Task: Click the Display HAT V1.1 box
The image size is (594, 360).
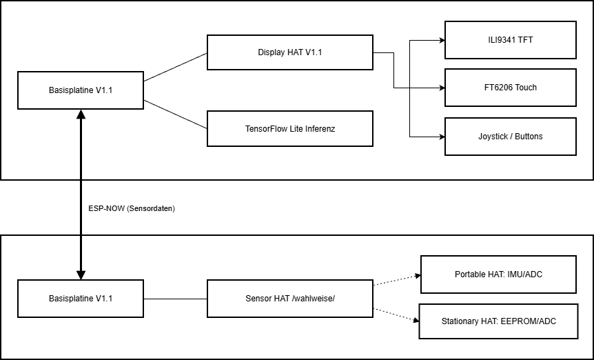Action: click(x=289, y=52)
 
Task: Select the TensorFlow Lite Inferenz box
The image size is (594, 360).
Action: click(x=289, y=128)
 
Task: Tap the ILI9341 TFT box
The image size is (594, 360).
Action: click(x=510, y=39)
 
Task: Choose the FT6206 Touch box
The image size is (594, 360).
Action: click(x=510, y=87)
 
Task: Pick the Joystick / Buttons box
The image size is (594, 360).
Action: click(x=510, y=136)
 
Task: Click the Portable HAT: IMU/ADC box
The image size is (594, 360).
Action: click(x=498, y=274)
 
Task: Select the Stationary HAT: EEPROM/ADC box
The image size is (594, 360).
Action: click(x=498, y=321)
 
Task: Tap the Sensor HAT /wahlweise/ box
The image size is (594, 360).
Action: click(x=289, y=299)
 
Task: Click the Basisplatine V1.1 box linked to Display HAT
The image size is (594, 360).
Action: click(x=81, y=90)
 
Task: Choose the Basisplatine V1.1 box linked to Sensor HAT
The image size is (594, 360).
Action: click(x=81, y=298)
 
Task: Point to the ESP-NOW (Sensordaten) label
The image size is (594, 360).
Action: click(x=132, y=208)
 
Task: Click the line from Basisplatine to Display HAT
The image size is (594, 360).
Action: click(x=175, y=67)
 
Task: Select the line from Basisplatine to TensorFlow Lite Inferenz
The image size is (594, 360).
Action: click(x=175, y=114)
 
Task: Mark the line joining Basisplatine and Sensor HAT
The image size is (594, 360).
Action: click(x=175, y=299)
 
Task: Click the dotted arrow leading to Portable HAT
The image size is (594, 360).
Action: click(x=396, y=280)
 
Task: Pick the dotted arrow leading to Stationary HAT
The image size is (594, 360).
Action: click(x=396, y=314)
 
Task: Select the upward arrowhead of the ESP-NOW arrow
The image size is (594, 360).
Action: click(x=81, y=114)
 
